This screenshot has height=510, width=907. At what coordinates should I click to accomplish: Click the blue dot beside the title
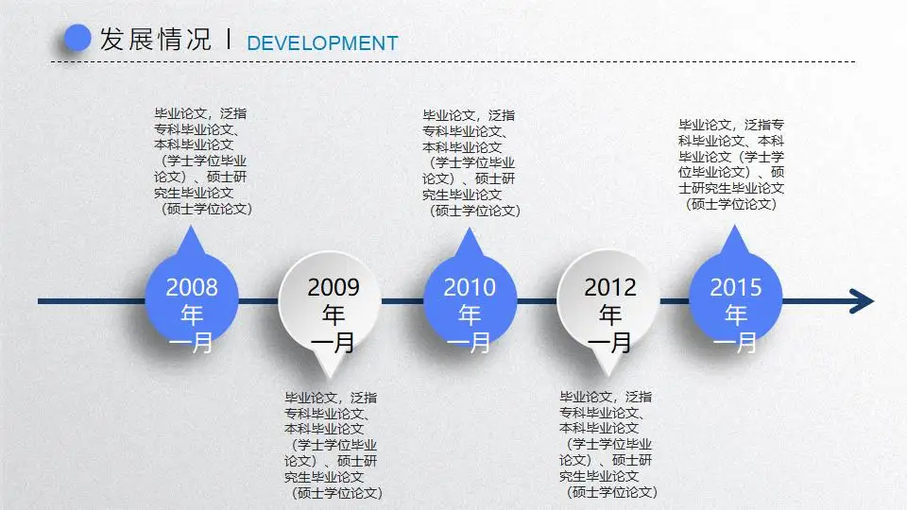[77, 39]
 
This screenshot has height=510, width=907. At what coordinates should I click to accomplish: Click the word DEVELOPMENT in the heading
[322, 43]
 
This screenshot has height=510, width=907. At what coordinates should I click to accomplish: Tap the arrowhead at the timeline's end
[861, 301]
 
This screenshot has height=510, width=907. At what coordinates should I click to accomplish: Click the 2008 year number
[192, 287]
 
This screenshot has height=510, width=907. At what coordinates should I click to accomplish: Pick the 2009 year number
[333, 287]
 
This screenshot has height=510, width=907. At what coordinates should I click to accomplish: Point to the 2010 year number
[470, 287]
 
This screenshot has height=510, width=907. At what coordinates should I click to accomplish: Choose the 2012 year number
[610, 287]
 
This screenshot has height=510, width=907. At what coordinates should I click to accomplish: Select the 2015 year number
[735, 287]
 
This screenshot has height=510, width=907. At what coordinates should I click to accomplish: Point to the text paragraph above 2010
[470, 161]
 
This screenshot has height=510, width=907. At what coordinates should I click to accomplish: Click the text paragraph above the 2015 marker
[733, 164]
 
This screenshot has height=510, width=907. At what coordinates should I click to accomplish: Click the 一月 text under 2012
[610, 342]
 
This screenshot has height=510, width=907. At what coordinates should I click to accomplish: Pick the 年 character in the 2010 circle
[470, 314]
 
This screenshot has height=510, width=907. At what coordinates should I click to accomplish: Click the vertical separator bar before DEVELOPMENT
[230, 40]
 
